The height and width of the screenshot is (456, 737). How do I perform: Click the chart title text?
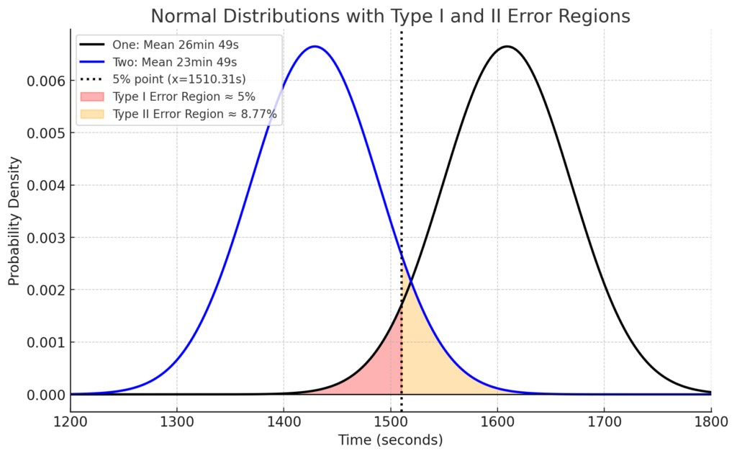(x=390, y=15)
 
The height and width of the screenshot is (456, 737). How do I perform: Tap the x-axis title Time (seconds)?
(x=390, y=439)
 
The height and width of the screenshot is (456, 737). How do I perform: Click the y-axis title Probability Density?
(x=14, y=223)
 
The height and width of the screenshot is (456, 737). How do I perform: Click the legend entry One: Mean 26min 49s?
(x=175, y=45)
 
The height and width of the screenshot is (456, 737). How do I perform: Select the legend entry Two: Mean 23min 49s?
(x=175, y=62)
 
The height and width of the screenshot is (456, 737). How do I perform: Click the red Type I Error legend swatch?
(x=93, y=97)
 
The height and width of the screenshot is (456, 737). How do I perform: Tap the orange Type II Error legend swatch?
(x=93, y=114)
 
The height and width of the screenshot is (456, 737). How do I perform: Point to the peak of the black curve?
(x=507, y=47)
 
